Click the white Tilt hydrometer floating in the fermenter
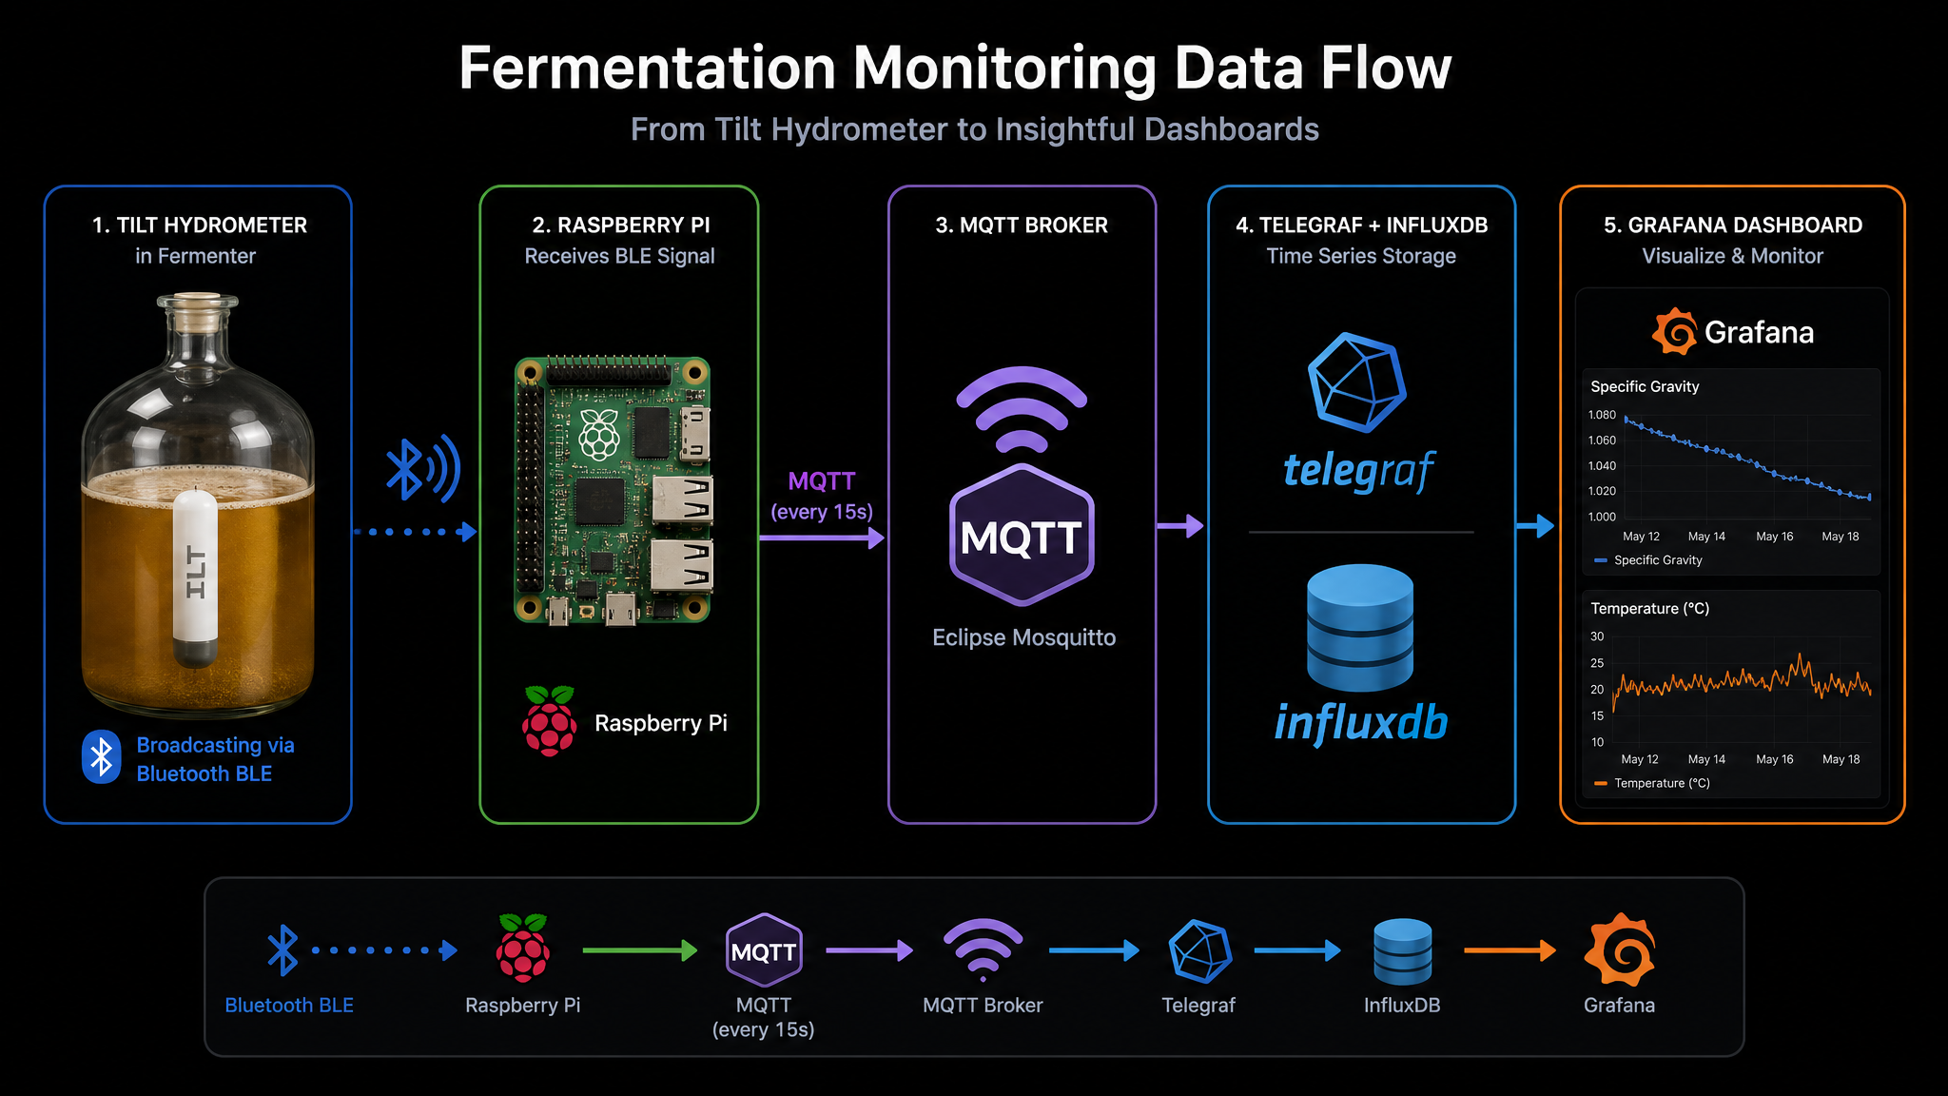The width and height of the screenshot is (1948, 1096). click(x=195, y=578)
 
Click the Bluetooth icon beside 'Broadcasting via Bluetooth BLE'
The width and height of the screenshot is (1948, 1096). click(x=101, y=757)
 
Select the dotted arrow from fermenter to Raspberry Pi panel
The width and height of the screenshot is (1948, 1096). click(x=415, y=532)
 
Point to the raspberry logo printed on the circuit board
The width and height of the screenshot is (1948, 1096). click(x=600, y=435)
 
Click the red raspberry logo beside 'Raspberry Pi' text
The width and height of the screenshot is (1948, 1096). click(x=549, y=720)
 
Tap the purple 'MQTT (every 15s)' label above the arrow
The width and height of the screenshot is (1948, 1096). click(x=822, y=496)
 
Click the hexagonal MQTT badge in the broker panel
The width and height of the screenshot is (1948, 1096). click(x=1022, y=535)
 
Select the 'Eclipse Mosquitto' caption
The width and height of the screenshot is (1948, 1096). click(x=1023, y=637)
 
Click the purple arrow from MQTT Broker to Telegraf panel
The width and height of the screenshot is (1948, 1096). click(x=1180, y=525)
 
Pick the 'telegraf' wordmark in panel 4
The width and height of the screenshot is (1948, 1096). click(x=1359, y=470)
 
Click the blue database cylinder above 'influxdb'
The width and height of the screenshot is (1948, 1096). click(x=1360, y=628)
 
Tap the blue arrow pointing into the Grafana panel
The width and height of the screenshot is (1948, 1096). click(x=1535, y=525)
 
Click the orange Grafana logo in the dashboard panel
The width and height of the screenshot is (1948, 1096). click(x=1675, y=331)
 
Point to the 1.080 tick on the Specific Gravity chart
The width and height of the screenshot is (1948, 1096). click(x=1602, y=415)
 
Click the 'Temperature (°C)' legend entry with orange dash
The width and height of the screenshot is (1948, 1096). click(x=1651, y=783)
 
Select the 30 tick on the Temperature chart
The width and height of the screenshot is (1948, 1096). click(x=1597, y=636)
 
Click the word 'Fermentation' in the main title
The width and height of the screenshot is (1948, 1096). click(x=648, y=68)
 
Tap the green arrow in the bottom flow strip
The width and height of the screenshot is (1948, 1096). click(x=640, y=949)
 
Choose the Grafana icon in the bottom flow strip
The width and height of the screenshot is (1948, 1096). click(x=1619, y=949)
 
